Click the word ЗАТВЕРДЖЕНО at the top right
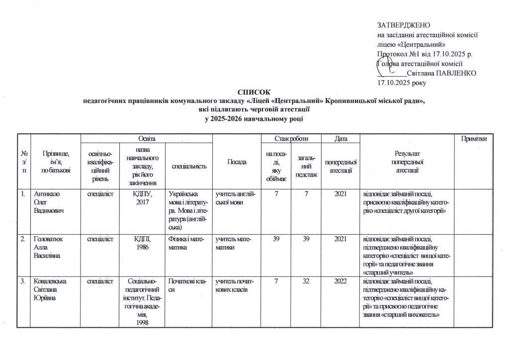pyautogui.click(x=404, y=25)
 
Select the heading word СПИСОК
pyautogui.click(x=254, y=92)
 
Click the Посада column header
pyautogui.click(x=236, y=163)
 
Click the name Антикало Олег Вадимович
pyautogui.click(x=47, y=200)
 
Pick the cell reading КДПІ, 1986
pyautogui.click(x=143, y=242)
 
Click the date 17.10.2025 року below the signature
pyautogui.click(x=402, y=82)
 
